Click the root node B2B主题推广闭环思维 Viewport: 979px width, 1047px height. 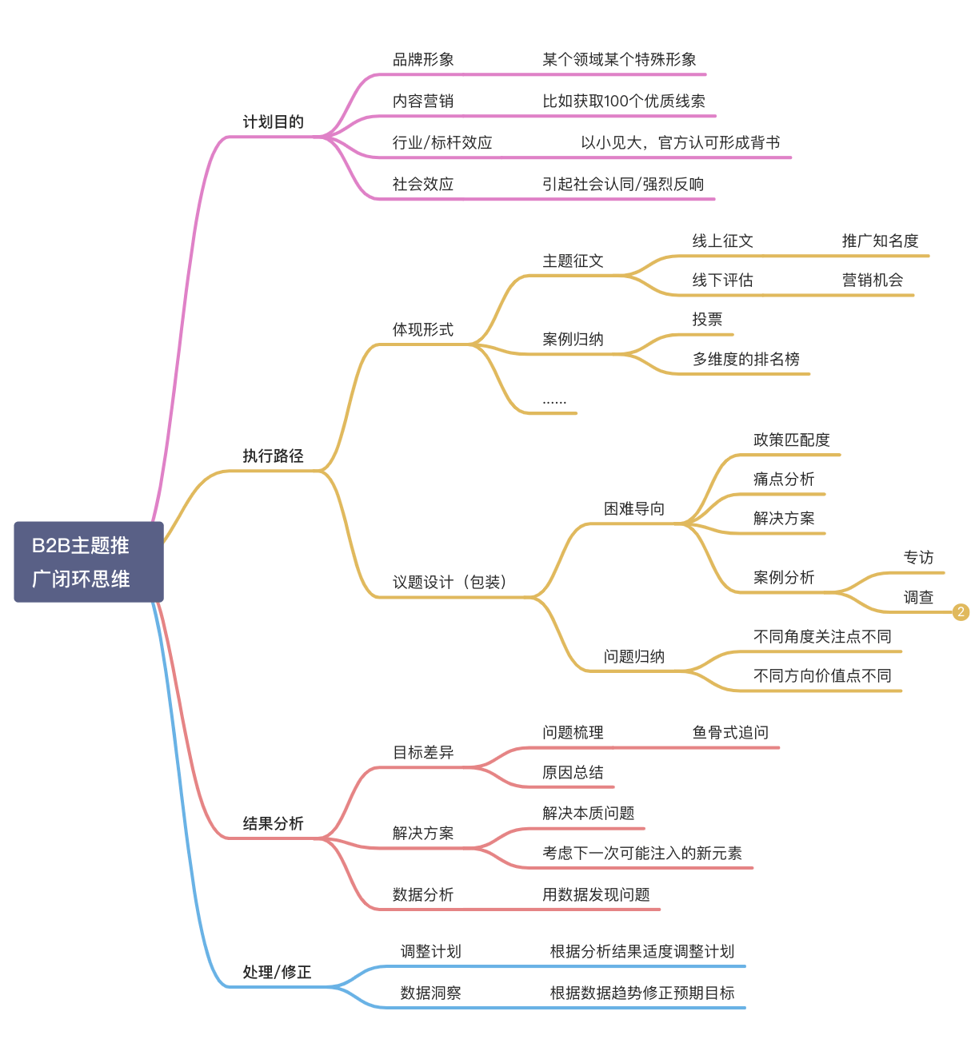coord(89,562)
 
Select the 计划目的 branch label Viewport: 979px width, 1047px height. coord(273,122)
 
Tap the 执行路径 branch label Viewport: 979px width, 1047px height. coord(273,456)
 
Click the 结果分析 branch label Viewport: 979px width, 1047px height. coord(273,824)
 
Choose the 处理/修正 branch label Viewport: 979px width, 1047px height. coord(277,973)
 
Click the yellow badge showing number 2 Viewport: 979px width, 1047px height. coord(961,612)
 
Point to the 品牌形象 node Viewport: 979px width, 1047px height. coord(423,60)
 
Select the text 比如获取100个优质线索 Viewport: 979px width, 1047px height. coord(624,102)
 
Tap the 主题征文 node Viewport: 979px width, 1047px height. coord(573,261)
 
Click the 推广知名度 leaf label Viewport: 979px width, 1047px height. coord(880,241)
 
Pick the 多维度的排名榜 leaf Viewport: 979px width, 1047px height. coord(745,360)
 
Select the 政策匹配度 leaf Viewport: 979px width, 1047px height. coord(791,440)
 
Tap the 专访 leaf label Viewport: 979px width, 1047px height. coord(918,558)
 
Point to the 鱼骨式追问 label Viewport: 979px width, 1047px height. coord(730,733)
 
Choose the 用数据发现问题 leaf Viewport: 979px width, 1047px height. coord(596,895)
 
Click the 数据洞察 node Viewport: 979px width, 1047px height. coord(430,993)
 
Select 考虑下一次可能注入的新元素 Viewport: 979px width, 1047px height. coord(641,854)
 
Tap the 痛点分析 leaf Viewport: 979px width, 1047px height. coord(783,480)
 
